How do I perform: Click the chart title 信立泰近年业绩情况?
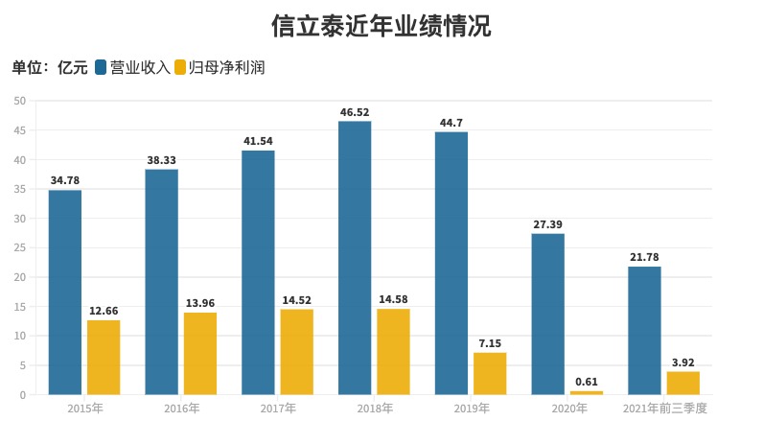381,26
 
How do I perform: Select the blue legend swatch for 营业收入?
101,67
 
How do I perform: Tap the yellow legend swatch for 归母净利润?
180,67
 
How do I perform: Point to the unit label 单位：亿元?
50,67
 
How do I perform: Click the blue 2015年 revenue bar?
65,292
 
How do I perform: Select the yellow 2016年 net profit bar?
200,353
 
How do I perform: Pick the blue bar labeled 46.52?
355,258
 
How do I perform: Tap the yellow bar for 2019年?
490,373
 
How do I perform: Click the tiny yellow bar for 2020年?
587,392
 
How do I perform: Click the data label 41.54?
258,142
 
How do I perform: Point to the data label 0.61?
587,382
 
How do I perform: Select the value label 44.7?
451,123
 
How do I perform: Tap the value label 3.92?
683,363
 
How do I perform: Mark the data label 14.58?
393,299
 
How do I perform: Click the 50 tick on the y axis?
19,101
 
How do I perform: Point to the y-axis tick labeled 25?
19,247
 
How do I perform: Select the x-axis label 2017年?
278,408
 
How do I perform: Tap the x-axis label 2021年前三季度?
664,408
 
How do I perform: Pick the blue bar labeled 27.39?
548,314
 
